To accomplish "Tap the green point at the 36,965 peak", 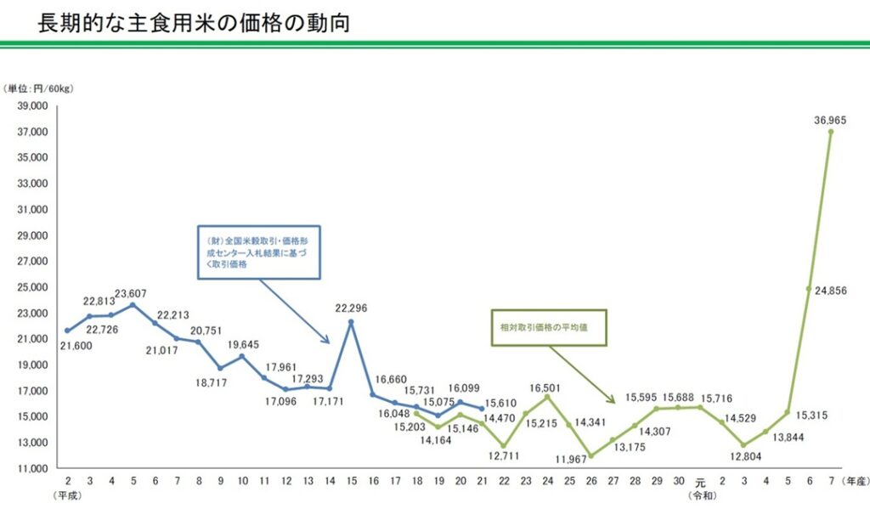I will pyautogui.click(x=830, y=132).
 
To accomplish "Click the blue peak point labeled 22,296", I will pyautogui.click(x=351, y=321).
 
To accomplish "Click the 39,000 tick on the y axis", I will pyautogui.click(x=31, y=106).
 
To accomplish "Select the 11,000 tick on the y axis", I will pyautogui.click(x=31, y=468).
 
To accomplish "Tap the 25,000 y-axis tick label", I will pyautogui.click(x=31, y=287).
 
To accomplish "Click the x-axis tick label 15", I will pyautogui.click(x=351, y=482).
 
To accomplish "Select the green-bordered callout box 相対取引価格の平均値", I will pyautogui.click(x=550, y=326).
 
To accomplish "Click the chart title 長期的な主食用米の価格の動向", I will pyautogui.click(x=194, y=23).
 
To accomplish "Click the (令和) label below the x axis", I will pyautogui.click(x=701, y=495).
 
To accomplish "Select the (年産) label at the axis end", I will pyautogui.click(x=853, y=482).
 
